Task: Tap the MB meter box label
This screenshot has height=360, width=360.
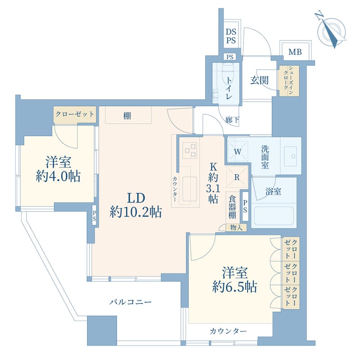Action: tap(295, 52)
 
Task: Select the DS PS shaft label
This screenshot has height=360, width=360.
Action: tap(231, 36)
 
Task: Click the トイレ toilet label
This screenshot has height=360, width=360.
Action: tap(229, 88)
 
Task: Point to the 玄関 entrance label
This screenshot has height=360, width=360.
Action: tap(260, 81)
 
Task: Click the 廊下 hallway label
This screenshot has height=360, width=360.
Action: tap(232, 120)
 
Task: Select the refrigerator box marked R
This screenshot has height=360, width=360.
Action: tap(237, 177)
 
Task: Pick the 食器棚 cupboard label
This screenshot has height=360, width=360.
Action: tap(231, 207)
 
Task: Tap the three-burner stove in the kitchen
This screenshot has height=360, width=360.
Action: tap(189, 150)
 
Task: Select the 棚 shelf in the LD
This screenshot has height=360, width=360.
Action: tap(128, 116)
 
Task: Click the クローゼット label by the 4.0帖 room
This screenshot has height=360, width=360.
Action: tap(75, 114)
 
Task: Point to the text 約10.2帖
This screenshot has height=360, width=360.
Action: tap(136, 212)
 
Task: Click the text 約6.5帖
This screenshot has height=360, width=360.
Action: tap(234, 287)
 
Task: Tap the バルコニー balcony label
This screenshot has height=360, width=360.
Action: tap(130, 302)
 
